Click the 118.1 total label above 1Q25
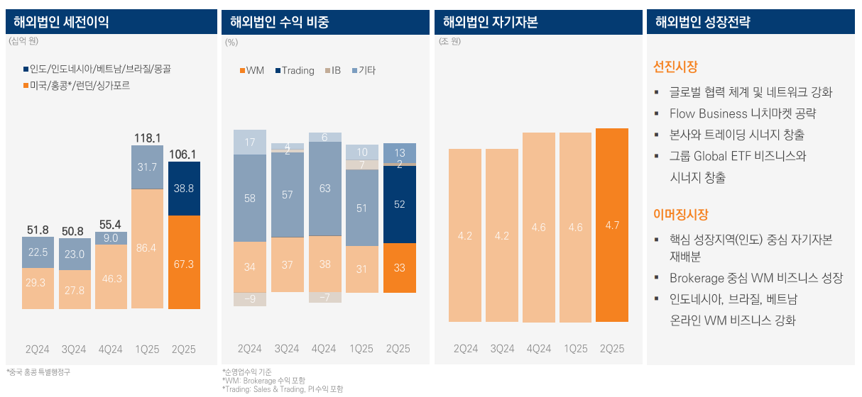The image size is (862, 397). [148, 138]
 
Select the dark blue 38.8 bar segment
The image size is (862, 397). [184, 189]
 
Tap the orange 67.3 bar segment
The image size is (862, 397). [184, 263]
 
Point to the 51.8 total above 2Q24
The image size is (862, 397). [38, 230]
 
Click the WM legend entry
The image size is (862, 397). [252, 70]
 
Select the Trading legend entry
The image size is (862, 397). [294, 70]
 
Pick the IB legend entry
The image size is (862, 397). [333, 70]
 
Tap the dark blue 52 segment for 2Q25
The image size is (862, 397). [399, 204]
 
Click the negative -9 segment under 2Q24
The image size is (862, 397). [250, 299]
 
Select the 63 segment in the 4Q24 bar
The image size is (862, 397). [324, 189]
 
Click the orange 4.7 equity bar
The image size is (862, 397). [612, 225]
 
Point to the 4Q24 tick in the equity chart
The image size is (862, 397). [539, 349]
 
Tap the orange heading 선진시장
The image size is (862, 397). [675, 67]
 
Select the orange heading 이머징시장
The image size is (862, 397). [680, 214]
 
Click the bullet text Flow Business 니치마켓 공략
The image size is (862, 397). [742, 113]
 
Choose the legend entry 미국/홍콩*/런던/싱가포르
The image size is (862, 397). [76, 85]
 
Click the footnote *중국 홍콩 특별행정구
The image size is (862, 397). [38, 372]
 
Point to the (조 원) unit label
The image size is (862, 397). [450, 42]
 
